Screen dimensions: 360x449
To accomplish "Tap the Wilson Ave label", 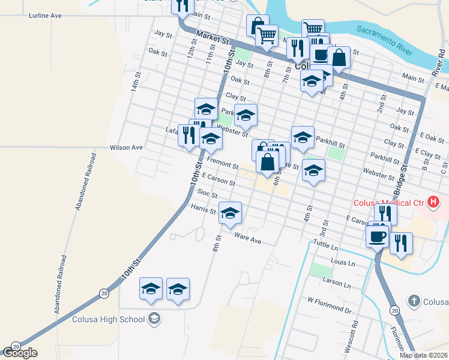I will pos(126,147).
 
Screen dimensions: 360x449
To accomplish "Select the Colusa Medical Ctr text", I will pos(388,202).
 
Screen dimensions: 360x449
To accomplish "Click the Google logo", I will pos(20,353).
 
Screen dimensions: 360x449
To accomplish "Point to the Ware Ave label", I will pos(248,238).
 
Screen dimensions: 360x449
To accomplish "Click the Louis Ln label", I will pos(343,263).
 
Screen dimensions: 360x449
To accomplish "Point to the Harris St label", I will pos(203,209).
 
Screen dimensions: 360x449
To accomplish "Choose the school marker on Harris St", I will pos(230,213).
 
